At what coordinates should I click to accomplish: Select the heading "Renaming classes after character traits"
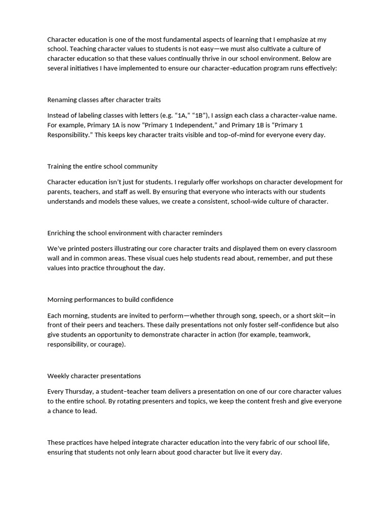point(104,100)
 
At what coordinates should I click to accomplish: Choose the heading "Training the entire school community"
point(103,166)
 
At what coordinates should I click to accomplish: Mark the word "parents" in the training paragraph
point(59,192)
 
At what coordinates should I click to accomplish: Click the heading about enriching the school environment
point(135,233)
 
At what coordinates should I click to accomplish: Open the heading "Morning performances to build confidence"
point(110,299)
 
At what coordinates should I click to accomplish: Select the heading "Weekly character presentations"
point(94,376)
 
